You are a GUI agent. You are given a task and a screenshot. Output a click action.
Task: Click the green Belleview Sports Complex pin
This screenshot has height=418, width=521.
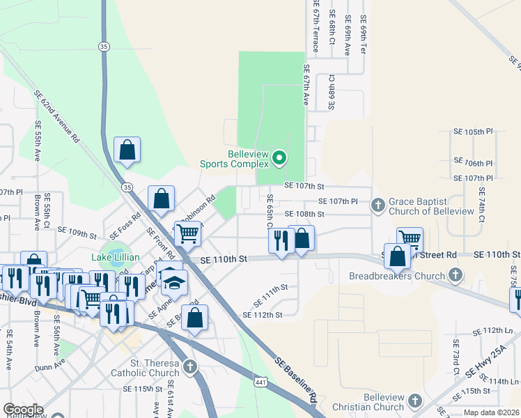[x=279, y=158]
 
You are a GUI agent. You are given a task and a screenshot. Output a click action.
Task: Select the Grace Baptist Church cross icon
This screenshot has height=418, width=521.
[x=378, y=205]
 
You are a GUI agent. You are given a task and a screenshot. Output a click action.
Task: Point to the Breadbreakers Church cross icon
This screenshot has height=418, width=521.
[x=456, y=274]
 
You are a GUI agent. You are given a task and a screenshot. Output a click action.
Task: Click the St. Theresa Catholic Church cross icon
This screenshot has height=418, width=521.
[x=190, y=366]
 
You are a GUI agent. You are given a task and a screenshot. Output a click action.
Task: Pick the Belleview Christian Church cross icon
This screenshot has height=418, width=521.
[x=415, y=401]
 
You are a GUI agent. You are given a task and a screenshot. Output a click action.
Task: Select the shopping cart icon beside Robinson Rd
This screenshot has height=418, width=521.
[x=187, y=234]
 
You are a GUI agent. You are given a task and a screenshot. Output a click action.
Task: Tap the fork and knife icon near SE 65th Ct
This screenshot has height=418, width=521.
[x=281, y=241]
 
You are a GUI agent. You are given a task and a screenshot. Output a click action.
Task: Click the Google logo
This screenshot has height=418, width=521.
[x=22, y=409]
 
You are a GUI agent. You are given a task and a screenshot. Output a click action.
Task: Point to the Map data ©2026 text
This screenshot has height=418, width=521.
[x=491, y=412]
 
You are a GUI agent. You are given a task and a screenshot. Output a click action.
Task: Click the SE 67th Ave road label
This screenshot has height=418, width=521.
[x=305, y=85]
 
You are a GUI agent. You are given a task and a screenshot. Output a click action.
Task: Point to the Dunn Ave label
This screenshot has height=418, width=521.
[x=50, y=363]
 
